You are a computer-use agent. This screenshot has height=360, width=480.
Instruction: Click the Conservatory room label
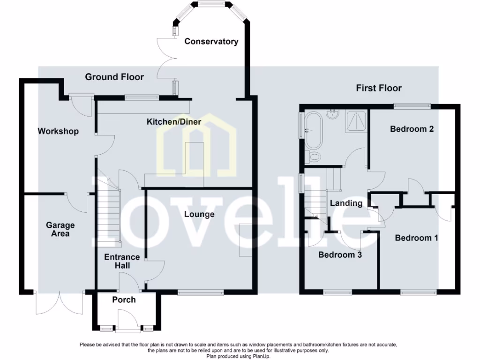coord(211,41)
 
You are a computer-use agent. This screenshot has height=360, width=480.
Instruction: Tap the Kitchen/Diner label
coord(174,122)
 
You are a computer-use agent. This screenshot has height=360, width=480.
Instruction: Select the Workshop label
coord(58,131)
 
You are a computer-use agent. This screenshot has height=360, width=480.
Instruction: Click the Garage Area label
coord(60,229)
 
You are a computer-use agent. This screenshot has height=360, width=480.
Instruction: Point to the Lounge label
coord(199,214)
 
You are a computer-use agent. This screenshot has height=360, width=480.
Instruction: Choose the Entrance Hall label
coord(122,261)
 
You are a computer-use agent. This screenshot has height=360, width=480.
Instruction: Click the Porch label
coord(124,300)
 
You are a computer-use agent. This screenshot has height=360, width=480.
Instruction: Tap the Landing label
coord(346,203)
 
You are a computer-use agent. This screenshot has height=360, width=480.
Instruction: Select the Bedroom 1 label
coord(416,238)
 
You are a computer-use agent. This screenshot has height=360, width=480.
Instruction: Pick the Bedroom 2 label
coord(412,129)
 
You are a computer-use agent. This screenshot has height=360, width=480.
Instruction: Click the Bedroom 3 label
coord(340,255)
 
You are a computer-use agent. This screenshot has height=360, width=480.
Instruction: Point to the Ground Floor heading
coord(114,77)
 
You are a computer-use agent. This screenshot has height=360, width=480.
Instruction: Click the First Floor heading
coord(379,88)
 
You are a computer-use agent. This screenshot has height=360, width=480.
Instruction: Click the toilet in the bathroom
coord(313,157)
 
